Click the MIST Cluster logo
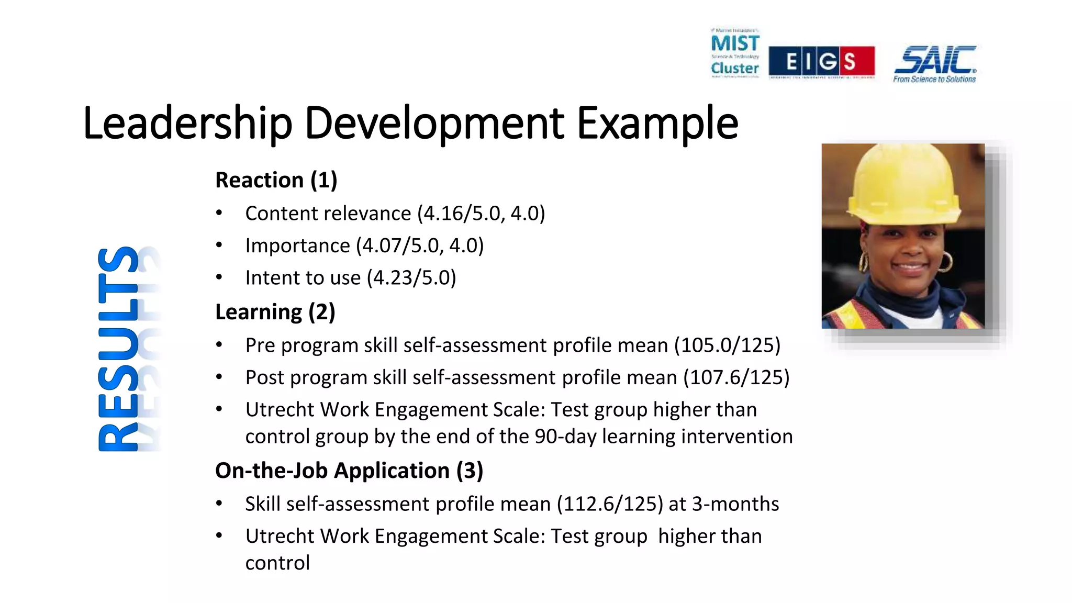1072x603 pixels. click(x=735, y=53)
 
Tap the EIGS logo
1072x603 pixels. click(x=821, y=62)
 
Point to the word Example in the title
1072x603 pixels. click(x=657, y=124)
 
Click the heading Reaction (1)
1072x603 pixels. click(x=276, y=180)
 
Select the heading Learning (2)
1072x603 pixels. click(x=275, y=312)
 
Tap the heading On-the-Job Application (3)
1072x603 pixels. click(x=349, y=471)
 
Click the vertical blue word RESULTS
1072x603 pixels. click(x=119, y=349)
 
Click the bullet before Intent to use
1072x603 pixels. click(x=219, y=277)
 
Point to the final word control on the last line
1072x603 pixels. click(x=277, y=563)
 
